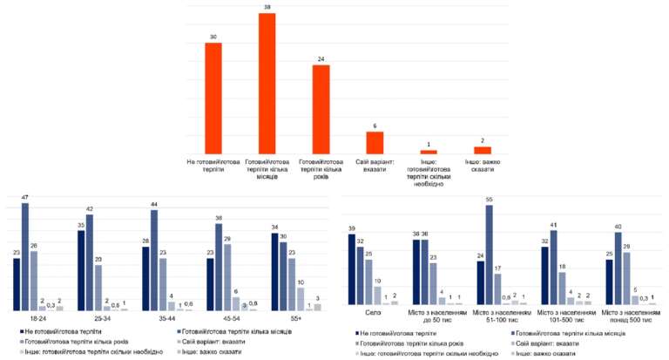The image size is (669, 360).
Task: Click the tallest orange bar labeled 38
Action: (x=267, y=83)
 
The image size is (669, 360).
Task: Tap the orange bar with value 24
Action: (x=321, y=109)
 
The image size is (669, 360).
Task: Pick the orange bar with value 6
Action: (x=375, y=143)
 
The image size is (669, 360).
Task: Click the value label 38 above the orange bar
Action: (x=267, y=8)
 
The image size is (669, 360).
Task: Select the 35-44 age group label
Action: (x=167, y=318)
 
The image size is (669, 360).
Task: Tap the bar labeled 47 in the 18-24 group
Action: (x=25, y=257)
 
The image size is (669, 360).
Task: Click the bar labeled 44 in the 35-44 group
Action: (x=154, y=260)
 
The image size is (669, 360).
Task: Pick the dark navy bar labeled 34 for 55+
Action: (x=275, y=272)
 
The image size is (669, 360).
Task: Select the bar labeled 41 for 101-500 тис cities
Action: (x=553, y=267)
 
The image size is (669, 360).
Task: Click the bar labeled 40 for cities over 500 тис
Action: (x=618, y=268)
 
